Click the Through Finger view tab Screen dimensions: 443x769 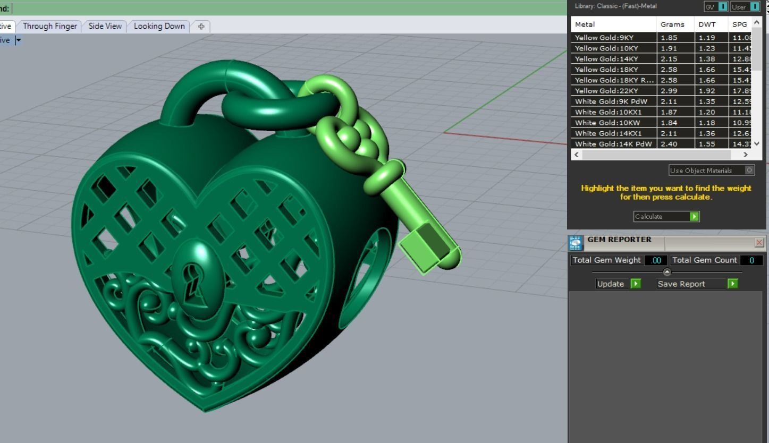pyautogui.click(x=50, y=26)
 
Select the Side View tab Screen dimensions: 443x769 pyautogui.click(x=105, y=26)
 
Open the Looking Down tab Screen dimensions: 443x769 pyautogui.click(x=159, y=26)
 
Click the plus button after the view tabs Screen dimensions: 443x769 pyautogui.click(x=201, y=26)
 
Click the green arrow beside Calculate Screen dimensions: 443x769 pyautogui.click(x=694, y=216)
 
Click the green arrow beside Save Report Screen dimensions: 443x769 pyautogui.click(x=732, y=284)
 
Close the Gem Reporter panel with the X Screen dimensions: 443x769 pyautogui.click(x=759, y=243)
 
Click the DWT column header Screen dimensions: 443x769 pyautogui.click(x=707, y=24)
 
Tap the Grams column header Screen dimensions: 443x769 pyautogui.click(x=672, y=24)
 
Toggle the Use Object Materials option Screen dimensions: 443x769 pyautogui.click(x=749, y=171)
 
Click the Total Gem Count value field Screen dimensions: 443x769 pyautogui.click(x=751, y=260)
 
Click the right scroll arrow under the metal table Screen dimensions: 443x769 pyautogui.click(x=745, y=155)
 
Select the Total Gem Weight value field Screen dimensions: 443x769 pyautogui.click(x=656, y=260)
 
